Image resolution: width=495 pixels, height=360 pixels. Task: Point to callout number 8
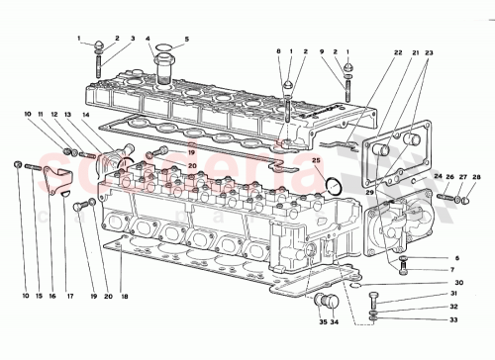[x=279, y=50]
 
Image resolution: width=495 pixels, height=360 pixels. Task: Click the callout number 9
[x=322, y=50]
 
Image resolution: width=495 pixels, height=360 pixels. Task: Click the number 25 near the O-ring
[x=317, y=158]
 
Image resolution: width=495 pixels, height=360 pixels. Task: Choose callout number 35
[x=324, y=322]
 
